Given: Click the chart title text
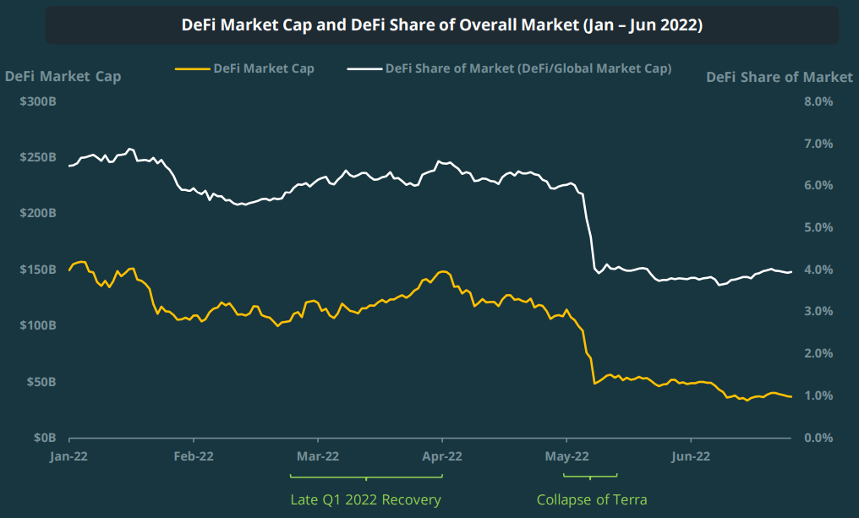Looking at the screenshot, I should pyautogui.click(x=441, y=25).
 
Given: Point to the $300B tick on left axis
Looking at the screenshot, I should pyautogui.click(x=39, y=101).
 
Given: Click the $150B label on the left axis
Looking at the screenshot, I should pyautogui.click(x=39, y=270).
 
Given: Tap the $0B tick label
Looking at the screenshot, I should pyautogui.click(x=44, y=438).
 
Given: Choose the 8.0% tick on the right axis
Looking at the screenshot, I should pyautogui.click(x=818, y=101).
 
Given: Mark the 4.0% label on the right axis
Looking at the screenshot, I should pyautogui.click(x=818, y=270).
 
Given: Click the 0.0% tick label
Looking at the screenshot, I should pyautogui.click(x=818, y=438).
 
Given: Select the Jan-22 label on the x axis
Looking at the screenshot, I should pyautogui.click(x=69, y=456).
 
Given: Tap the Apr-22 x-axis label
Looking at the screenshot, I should pyautogui.click(x=441, y=456).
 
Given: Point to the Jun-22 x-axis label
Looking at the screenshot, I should pyautogui.click(x=690, y=456).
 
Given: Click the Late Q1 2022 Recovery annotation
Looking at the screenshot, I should pyautogui.click(x=365, y=499).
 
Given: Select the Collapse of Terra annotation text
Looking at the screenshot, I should pyautogui.click(x=592, y=499).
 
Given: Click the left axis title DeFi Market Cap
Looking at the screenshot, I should pyautogui.click(x=63, y=77).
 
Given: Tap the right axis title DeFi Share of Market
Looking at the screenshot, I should pyautogui.click(x=779, y=77).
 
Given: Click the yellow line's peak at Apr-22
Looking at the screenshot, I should pyautogui.click(x=441, y=271).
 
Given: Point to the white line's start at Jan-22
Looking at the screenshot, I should pyautogui.click(x=70, y=166).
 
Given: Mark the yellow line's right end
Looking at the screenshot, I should pyautogui.click(x=791, y=397).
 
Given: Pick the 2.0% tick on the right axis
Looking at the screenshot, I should pyautogui.click(x=818, y=353).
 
